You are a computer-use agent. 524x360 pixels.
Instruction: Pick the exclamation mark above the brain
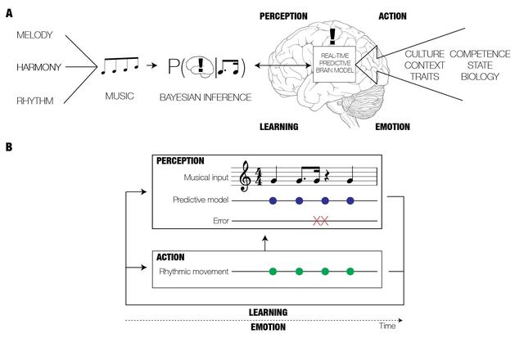point(332,34)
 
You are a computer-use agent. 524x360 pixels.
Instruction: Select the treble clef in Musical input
point(245,177)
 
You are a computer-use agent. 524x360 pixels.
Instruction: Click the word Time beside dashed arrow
point(387,326)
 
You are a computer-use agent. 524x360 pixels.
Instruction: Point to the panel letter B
point(9,148)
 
